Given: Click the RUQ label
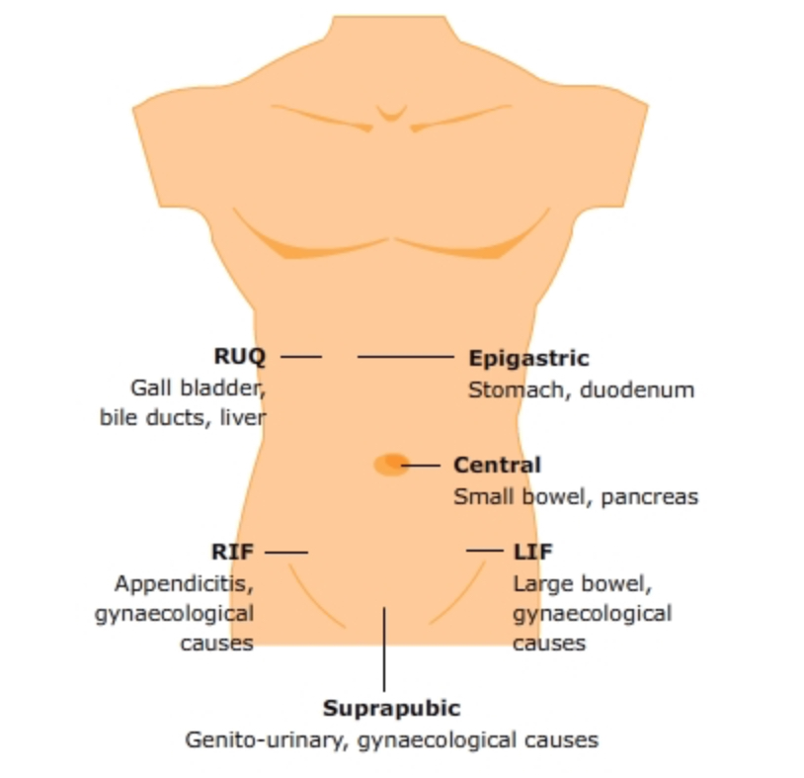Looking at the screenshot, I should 239,356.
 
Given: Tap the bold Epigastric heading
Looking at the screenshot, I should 528,358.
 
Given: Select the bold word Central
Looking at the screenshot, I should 497,465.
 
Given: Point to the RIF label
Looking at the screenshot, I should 232,551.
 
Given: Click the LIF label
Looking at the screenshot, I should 532,551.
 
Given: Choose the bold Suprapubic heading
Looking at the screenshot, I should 391,708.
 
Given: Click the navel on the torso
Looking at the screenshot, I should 391,464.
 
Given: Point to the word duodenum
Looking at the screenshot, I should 637,389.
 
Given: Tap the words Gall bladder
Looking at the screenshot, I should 198,387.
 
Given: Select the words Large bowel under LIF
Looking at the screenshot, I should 582,582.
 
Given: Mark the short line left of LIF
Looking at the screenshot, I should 485,551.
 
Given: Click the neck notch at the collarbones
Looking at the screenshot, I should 391,113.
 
